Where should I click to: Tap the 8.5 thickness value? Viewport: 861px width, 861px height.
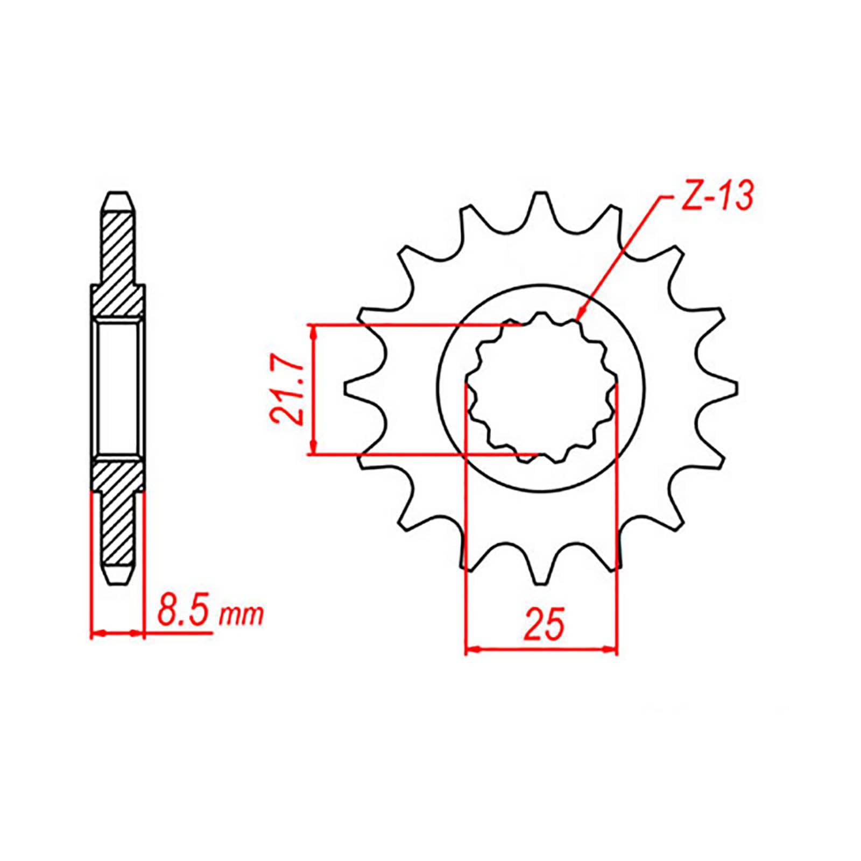[x=184, y=613]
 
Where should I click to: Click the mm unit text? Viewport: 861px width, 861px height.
[x=242, y=615]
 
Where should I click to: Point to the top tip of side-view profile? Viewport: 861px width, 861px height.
[x=118, y=194]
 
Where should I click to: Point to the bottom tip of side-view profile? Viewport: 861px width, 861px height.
[x=118, y=581]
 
